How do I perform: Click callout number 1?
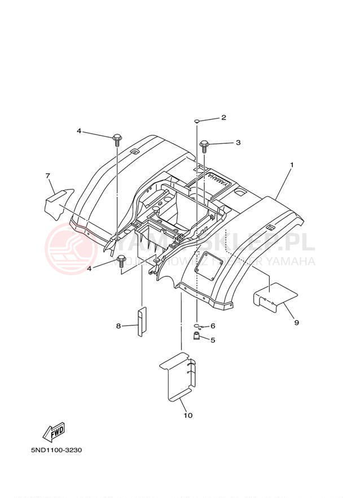click(292, 165)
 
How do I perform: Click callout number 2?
click(223, 117)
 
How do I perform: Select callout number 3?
click(238, 143)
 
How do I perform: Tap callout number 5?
click(213, 340)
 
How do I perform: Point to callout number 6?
click(213, 326)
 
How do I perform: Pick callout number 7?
click(48, 176)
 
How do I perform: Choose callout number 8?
click(118, 326)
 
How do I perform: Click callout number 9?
click(296, 323)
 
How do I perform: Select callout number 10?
click(188, 416)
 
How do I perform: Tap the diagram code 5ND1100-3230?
click(58, 451)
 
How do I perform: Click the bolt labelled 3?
click(204, 145)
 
